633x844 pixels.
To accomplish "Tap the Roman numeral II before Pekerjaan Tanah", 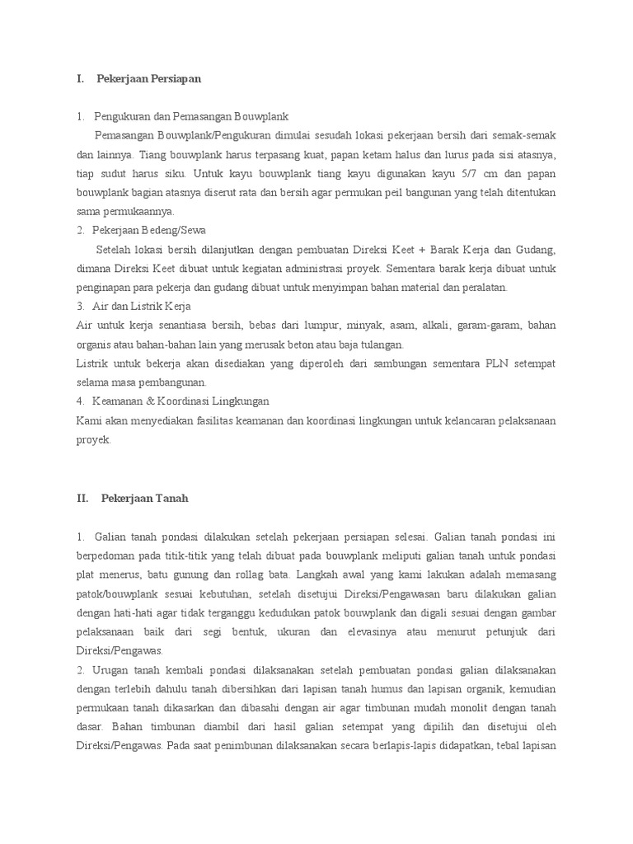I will click(x=82, y=498).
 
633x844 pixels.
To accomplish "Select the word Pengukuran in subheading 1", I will click(x=123, y=116).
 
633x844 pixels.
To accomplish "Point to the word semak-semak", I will click(x=527, y=135).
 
